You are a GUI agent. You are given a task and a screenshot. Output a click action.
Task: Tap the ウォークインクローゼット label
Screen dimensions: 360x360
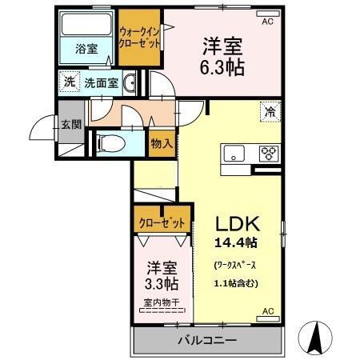(x=139, y=35)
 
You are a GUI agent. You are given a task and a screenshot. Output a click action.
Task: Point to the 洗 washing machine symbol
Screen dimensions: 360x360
(x=70, y=81)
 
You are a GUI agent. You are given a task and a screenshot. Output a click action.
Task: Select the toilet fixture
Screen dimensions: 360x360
(x=110, y=143)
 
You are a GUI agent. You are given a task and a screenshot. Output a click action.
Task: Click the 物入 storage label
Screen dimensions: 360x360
(x=162, y=143)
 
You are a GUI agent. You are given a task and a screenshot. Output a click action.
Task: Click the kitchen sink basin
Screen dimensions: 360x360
(x=235, y=153)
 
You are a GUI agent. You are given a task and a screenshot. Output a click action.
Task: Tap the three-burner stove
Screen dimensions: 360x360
(x=268, y=154)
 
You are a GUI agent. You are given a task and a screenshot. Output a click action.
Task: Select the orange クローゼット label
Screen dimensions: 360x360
(x=162, y=221)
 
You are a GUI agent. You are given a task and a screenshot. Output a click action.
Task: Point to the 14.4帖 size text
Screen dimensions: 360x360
(x=235, y=242)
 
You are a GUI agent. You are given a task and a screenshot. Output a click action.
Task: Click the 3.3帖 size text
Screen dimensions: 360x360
(x=162, y=283)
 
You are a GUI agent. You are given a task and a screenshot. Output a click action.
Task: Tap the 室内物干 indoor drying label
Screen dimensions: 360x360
(x=162, y=302)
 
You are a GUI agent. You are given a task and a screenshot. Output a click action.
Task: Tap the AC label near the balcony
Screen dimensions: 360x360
(x=267, y=311)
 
